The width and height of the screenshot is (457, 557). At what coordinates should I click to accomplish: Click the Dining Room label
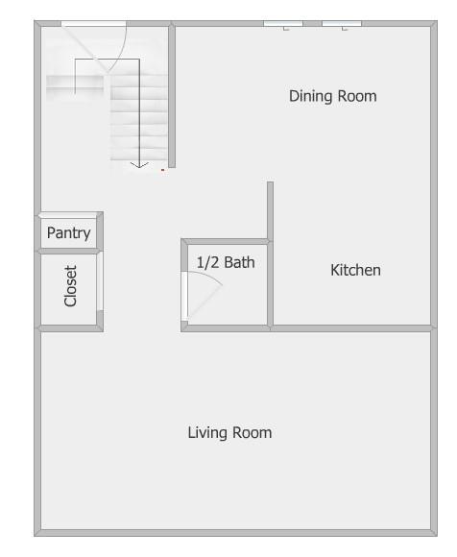click(x=332, y=96)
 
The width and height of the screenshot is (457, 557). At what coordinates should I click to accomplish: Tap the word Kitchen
click(x=355, y=270)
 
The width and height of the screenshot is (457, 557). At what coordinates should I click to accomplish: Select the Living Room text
click(x=229, y=432)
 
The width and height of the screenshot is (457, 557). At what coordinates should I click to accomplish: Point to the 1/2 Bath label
click(x=226, y=261)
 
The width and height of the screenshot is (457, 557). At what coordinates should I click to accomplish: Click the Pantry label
click(x=68, y=232)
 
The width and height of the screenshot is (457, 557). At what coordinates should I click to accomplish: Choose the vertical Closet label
click(x=70, y=286)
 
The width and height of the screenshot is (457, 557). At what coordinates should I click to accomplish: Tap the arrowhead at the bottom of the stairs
click(x=139, y=165)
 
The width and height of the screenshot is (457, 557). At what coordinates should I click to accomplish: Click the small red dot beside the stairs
click(x=163, y=170)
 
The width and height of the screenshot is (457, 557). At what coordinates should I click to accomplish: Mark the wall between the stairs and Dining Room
click(x=173, y=96)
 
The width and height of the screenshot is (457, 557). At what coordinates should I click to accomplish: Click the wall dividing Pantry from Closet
click(x=69, y=250)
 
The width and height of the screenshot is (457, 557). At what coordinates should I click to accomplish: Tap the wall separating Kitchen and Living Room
click(x=350, y=328)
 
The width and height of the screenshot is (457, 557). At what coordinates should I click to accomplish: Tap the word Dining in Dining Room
click(x=310, y=96)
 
